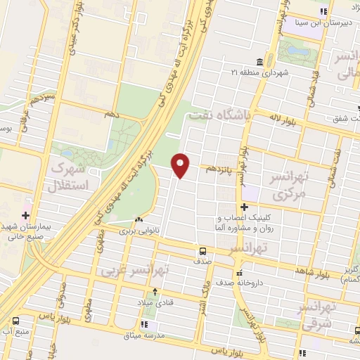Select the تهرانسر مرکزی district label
click(291, 184)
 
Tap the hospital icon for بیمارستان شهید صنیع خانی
click(26, 215)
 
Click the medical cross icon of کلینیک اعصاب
click(244, 207)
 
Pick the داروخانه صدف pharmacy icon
click(240, 273)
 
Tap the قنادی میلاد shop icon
click(155, 290)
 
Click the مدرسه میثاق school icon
click(144, 325)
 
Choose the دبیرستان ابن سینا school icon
click(324, 11)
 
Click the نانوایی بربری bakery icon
click(139, 220)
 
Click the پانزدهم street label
click(216, 169)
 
